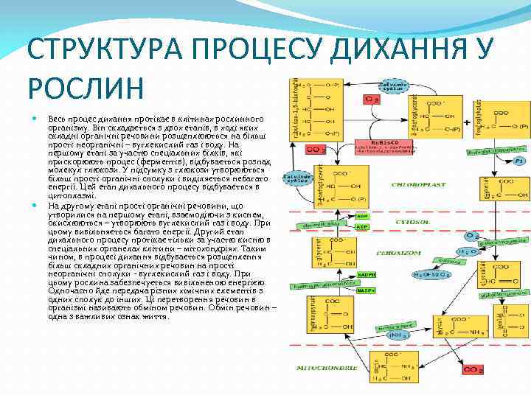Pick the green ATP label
tap(362, 227)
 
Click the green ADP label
tap(362, 216)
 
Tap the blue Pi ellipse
tap(520, 161)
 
